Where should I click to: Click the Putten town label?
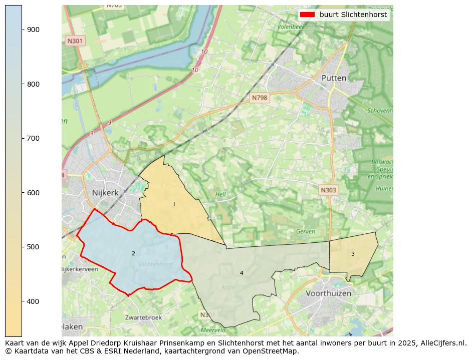pos(334,78)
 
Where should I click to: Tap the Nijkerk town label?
pos(104,192)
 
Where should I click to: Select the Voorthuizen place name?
pos(328,293)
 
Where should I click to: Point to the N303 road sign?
pos(329,190)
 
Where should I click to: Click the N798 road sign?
pos(260,98)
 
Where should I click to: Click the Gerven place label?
pos(305,232)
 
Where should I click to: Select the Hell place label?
pos(220,194)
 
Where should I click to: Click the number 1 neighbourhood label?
pos(174,204)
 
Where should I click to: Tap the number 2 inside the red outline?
pos(133,253)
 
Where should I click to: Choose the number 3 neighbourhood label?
pos(353,254)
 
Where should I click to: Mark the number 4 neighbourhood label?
pos(242,273)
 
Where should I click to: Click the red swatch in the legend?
pos(307,15)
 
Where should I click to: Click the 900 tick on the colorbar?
pos(33,30)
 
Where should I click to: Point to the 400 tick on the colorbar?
pos(33,301)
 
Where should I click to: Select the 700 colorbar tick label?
pos(33,138)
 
